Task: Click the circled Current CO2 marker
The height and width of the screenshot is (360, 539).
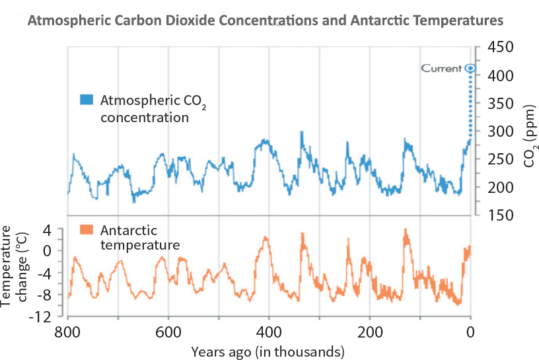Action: click(470, 68)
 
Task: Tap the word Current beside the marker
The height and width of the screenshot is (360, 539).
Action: click(442, 68)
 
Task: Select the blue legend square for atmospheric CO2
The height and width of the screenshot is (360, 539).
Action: click(86, 100)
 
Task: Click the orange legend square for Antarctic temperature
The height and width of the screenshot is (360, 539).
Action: click(86, 231)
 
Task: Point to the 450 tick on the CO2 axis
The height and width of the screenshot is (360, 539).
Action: click(501, 48)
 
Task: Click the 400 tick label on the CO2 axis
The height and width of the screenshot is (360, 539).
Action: click(501, 75)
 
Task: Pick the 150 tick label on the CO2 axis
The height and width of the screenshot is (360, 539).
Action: click(501, 215)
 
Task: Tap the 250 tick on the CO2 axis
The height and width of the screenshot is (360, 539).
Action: click(501, 159)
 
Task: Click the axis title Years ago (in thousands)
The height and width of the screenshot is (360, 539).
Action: click(268, 350)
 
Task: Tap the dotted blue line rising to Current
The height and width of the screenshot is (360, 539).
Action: click(470, 106)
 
